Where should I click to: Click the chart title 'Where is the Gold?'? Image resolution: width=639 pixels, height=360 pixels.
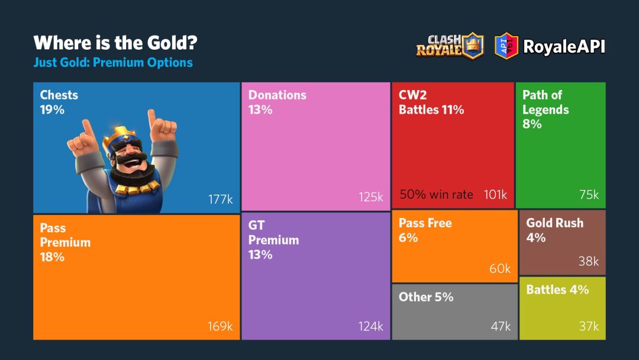(x=115, y=43)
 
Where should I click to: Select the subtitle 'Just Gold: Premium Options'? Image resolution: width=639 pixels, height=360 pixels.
(x=113, y=62)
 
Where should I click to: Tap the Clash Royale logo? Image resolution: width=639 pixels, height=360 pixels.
(x=449, y=46)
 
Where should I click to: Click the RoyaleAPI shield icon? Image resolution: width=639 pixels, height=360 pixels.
(x=506, y=46)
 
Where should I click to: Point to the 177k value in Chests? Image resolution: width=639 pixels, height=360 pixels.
(x=220, y=200)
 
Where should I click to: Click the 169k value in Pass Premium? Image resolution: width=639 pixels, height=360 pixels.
(x=220, y=326)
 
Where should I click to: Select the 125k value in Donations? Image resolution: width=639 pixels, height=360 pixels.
(x=371, y=197)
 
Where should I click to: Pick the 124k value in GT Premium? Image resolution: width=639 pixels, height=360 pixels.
(x=371, y=326)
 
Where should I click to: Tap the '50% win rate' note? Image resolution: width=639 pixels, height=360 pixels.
(x=437, y=194)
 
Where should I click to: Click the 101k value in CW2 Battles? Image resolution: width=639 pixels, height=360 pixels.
(x=495, y=194)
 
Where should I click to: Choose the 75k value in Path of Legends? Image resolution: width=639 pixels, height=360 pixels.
(x=589, y=195)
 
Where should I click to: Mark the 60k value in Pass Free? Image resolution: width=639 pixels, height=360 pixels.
(x=500, y=269)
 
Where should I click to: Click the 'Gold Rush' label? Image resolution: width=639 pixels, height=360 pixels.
(x=555, y=223)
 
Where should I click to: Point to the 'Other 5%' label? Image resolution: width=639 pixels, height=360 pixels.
(x=426, y=297)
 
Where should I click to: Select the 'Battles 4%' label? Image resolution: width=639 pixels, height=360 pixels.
(x=557, y=290)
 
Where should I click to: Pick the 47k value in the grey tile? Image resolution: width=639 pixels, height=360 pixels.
(x=500, y=326)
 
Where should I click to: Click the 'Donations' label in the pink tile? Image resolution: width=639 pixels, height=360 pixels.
(x=277, y=95)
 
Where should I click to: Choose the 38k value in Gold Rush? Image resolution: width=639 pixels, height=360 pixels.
(x=589, y=261)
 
